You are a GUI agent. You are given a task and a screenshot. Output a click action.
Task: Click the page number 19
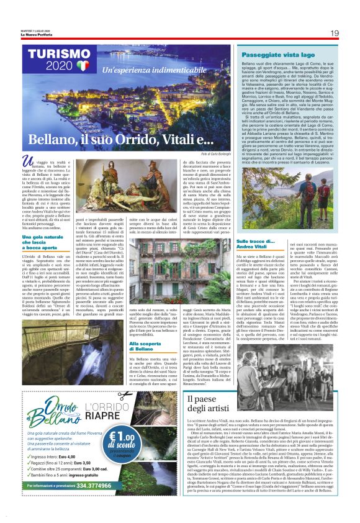(334, 33)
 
